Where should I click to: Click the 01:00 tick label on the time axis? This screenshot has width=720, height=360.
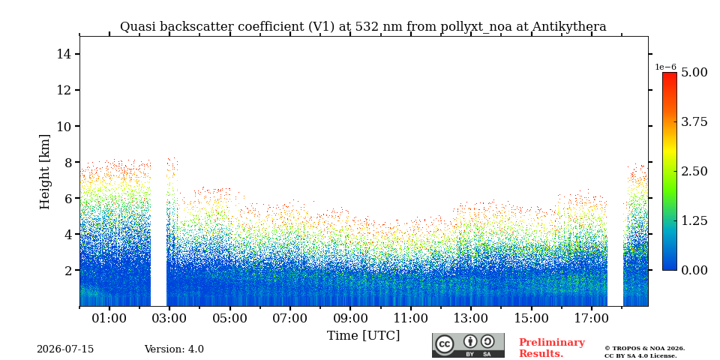click(x=109, y=318)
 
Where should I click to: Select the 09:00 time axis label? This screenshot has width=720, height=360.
click(x=350, y=318)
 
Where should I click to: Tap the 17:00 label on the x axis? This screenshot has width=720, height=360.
click(x=591, y=318)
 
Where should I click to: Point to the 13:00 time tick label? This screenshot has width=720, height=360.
click(x=471, y=318)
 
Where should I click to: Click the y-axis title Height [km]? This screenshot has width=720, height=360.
click(x=44, y=172)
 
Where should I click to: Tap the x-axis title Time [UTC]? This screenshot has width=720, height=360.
click(x=363, y=336)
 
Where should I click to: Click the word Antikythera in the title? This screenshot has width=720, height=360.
click(x=569, y=27)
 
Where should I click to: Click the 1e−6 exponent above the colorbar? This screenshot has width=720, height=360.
click(x=665, y=67)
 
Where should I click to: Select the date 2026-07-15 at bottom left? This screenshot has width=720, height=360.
click(x=65, y=349)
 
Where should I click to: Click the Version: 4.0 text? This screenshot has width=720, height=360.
click(x=174, y=349)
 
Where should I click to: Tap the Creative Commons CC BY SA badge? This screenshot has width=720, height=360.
click(x=468, y=345)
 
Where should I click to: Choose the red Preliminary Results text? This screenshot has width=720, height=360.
click(x=552, y=348)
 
